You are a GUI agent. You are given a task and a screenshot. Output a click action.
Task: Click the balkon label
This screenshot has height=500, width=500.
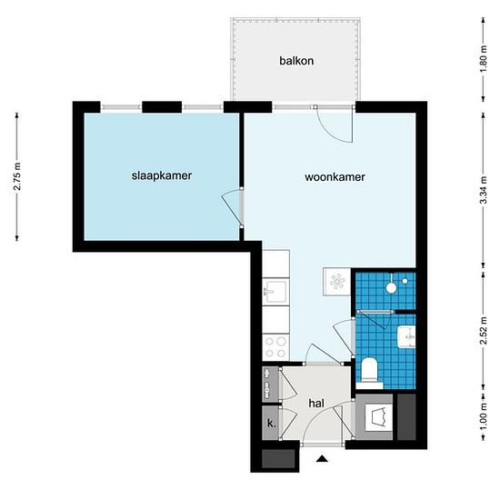pos(296,61)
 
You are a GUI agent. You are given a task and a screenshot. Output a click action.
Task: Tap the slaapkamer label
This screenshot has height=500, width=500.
pos(162,175)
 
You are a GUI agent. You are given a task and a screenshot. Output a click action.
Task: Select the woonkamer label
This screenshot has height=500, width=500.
pos(335,177)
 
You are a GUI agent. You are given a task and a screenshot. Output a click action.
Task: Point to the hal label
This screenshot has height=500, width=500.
pos(316,404)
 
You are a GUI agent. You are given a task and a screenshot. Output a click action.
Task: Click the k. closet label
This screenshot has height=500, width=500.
pos(272,424)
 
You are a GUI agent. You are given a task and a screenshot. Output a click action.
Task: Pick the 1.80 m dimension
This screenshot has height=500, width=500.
pos(484,59)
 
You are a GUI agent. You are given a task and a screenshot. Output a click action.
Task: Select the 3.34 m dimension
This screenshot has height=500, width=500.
pos(484,190)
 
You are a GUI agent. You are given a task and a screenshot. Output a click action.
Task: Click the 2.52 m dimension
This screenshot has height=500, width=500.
pos(484,331)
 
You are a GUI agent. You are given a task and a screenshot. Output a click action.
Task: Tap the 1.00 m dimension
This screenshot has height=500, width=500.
pos(484,416)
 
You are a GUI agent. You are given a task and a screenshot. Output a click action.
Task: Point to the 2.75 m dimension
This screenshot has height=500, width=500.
pos(17,176)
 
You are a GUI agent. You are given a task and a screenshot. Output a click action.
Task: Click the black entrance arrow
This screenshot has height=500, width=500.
pos(322,458)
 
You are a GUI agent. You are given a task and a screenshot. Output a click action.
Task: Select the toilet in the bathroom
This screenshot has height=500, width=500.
pos(370,369)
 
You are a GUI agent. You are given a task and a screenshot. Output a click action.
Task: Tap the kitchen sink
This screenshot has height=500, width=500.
pos(276,291)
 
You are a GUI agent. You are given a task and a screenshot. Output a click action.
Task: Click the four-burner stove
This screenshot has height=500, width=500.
pos(275,347)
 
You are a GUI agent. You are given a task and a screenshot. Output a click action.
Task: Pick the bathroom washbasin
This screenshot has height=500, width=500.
pos(407,336)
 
